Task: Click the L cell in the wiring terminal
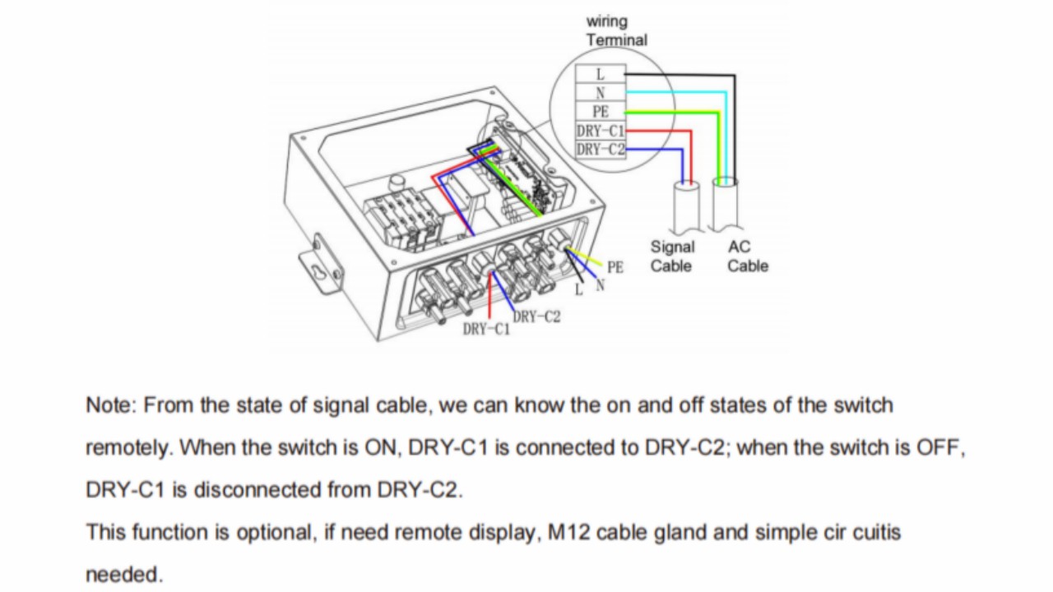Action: (600, 74)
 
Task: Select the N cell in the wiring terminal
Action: (600, 93)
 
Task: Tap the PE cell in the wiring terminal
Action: (600, 112)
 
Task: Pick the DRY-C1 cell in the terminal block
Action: (600, 131)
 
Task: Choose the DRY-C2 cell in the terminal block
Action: (600, 149)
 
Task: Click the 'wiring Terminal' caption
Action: (616, 30)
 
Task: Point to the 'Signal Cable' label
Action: (672, 256)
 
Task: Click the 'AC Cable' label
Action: (747, 256)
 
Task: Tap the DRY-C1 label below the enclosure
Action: (486, 330)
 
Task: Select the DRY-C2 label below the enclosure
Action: (536, 317)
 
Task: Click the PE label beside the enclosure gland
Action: (615, 267)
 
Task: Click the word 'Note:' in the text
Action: (111, 405)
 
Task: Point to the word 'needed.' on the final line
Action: (124, 575)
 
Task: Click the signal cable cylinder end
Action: (686, 206)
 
